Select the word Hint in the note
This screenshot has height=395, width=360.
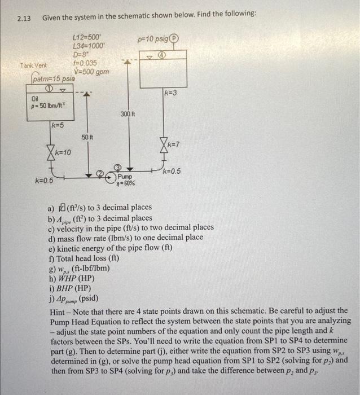point(59,311)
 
